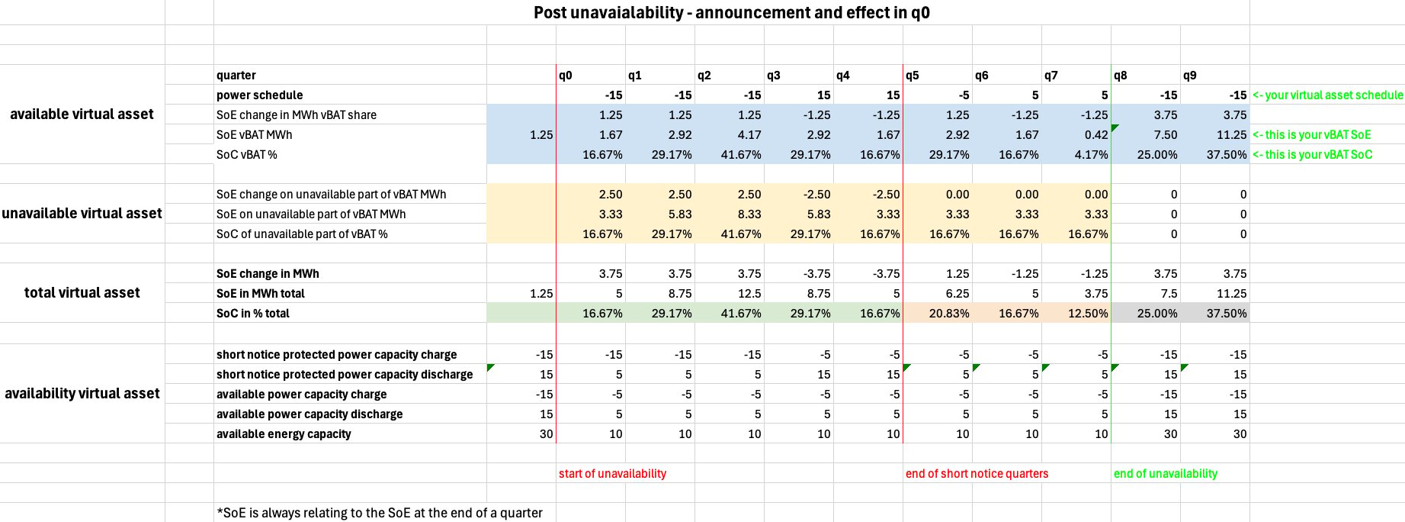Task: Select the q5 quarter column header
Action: [913, 76]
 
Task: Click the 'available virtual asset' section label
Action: [82, 114]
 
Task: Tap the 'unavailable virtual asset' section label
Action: [82, 214]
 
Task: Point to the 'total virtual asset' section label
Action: [82, 293]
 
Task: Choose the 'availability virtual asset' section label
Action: [82, 394]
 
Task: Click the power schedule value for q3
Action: [823, 95]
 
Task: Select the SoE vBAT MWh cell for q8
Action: [1165, 135]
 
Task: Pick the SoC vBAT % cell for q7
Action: [1088, 155]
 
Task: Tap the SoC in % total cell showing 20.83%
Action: [949, 314]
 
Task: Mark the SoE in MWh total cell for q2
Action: [749, 294]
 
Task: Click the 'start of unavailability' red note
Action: [612, 474]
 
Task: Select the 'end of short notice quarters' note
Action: [977, 474]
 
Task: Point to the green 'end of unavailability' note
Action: [1166, 474]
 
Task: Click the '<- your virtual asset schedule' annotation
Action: [1327, 95]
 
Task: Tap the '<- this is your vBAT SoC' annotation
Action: [1312, 155]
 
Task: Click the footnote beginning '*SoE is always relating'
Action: [380, 513]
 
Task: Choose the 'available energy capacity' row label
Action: [284, 434]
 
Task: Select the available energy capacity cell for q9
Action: [1240, 434]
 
